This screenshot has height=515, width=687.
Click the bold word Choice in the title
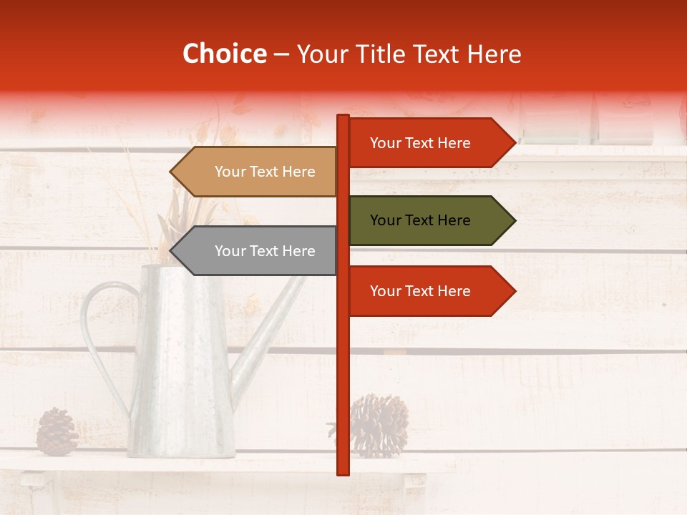click(224, 54)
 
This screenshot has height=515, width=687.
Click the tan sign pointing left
click(258, 172)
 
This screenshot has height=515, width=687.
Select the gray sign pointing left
click(258, 251)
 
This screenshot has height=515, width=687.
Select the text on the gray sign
click(265, 251)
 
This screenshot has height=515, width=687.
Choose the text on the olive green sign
click(420, 220)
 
